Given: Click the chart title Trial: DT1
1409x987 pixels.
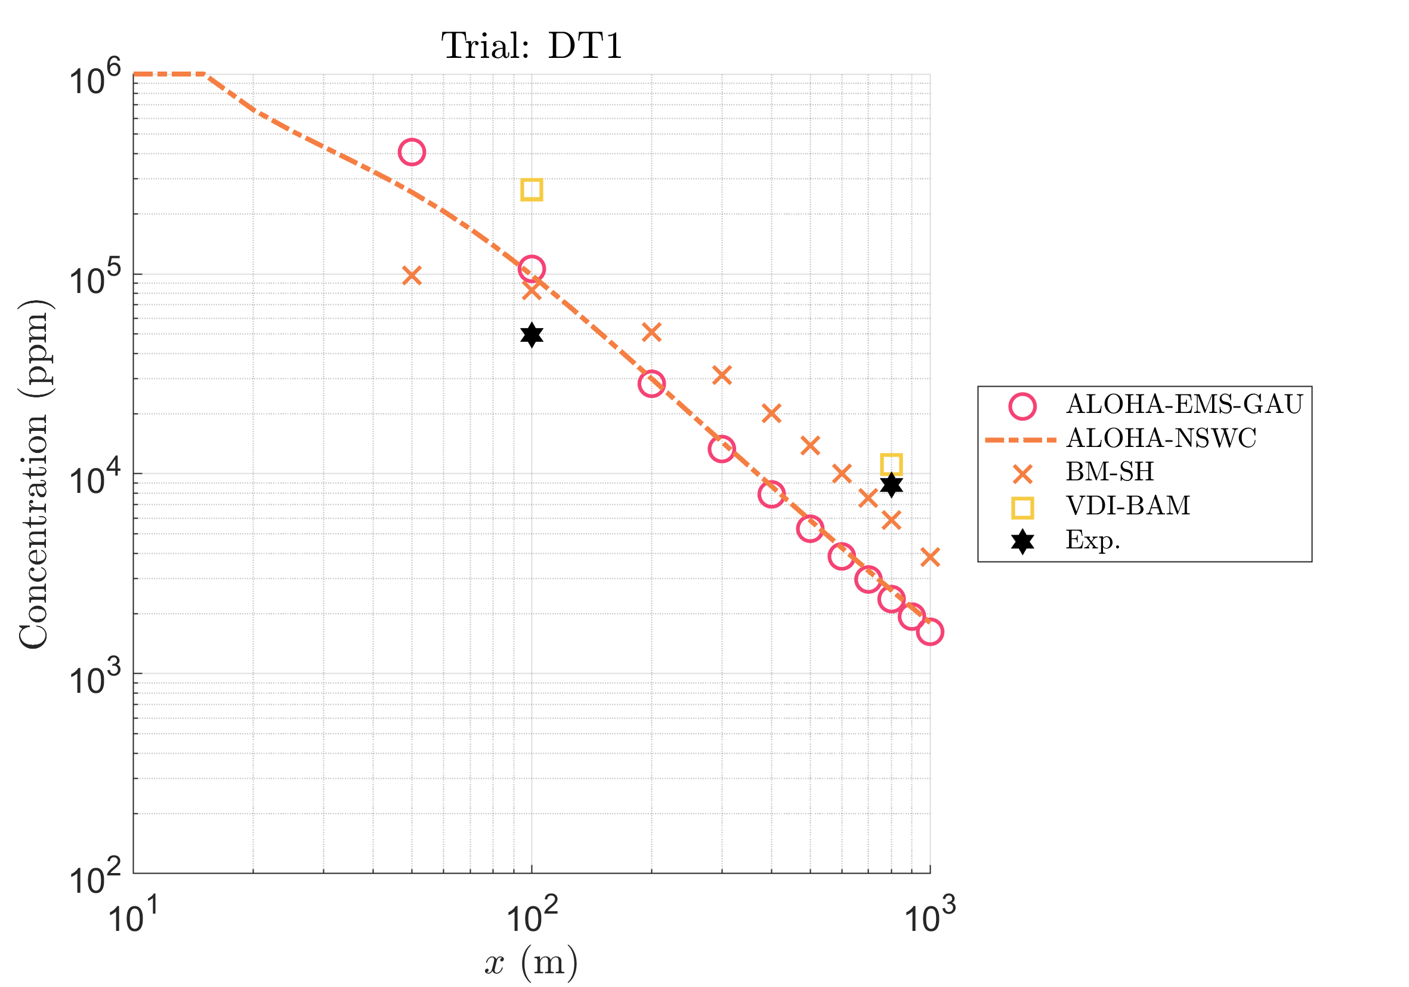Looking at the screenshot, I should click(532, 46).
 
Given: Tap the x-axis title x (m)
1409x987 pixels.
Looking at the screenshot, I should click(532, 963).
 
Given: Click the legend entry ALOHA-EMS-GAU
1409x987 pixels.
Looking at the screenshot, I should click(1184, 405).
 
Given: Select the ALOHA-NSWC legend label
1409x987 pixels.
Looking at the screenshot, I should click(1161, 438).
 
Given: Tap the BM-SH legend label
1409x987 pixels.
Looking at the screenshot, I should click(1110, 471).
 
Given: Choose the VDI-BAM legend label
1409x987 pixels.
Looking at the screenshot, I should click(1128, 506).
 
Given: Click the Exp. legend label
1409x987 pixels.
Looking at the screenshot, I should click(1093, 540).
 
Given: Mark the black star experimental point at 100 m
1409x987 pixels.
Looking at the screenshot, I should click(532, 335).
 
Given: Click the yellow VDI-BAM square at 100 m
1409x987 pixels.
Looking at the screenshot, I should click(532, 190).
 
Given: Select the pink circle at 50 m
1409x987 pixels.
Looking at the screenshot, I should click(412, 152).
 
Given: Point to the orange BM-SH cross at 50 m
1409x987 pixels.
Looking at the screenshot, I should click(412, 276).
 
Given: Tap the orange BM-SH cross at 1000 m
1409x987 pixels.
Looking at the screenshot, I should click(930, 557).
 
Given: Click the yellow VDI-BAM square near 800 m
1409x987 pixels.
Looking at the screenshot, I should click(891, 464).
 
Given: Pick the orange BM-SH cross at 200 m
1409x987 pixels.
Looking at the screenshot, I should click(651, 332).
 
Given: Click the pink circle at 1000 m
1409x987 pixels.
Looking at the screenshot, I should click(930, 631).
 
